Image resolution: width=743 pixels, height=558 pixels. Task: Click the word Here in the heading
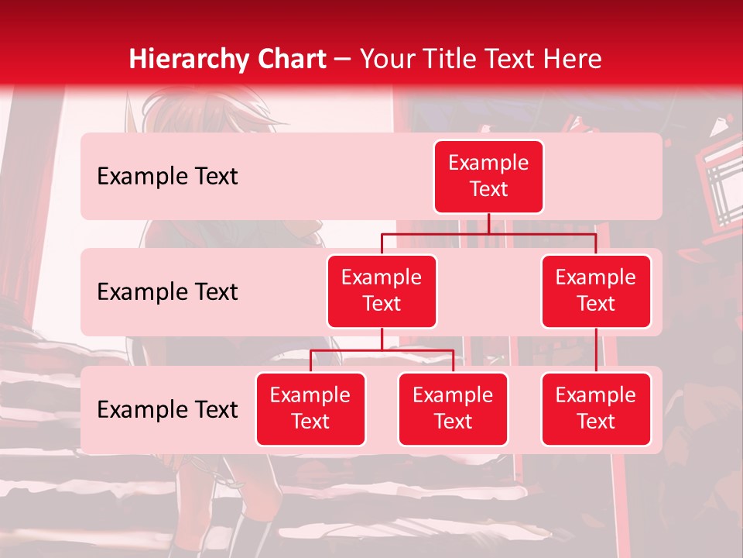pos(570,60)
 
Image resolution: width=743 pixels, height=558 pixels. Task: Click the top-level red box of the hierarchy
pos(488,177)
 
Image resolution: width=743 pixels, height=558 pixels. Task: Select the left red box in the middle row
pos(382,291)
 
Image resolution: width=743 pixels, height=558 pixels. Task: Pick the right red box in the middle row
pos(596,291)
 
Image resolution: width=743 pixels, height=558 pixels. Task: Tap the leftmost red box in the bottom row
pos(310,408)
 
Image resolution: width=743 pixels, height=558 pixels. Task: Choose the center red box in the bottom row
pos(453,408)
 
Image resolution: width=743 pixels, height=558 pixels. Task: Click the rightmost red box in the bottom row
pos(596,408)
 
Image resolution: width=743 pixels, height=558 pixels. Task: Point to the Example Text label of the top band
pos(167,177)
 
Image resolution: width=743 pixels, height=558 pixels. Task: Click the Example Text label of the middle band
pos(167,292)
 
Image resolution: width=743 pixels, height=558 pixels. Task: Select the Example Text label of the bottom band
pos(167,409)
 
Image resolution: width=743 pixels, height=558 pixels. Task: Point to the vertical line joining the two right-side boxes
pos(596,350)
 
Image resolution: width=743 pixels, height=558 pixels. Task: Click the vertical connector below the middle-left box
pos(382,339)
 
